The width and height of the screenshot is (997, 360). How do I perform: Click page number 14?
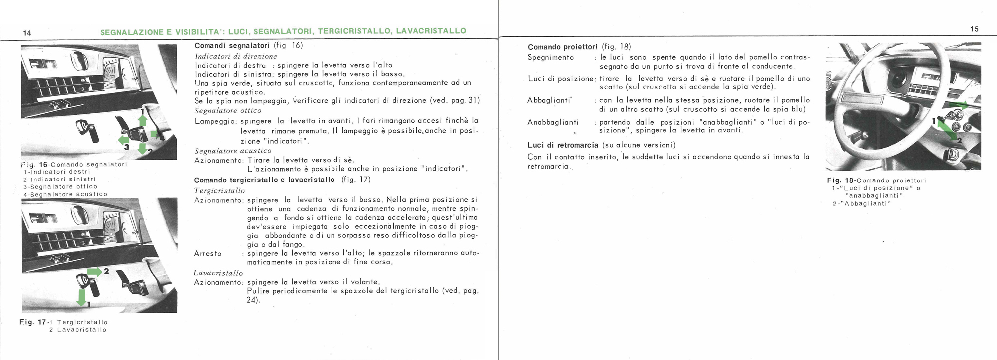click(x=27, y=33)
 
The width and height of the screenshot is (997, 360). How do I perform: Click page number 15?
click(x=974, y=29)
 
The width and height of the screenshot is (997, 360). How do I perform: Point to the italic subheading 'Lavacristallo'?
click(x=218, y=273)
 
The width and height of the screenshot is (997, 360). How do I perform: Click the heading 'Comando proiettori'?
click(x=562, y=47)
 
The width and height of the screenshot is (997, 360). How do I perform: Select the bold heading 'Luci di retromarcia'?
click(x=563, y=145)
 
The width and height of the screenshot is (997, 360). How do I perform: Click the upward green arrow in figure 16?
click(x=142, y=120)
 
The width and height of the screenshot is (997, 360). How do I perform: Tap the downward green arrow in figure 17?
click(x=81, y=298)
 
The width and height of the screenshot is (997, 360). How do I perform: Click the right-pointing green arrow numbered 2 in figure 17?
click(x=95, y=271)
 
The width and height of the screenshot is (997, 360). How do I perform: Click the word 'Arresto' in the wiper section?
click(x=208, y=253)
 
